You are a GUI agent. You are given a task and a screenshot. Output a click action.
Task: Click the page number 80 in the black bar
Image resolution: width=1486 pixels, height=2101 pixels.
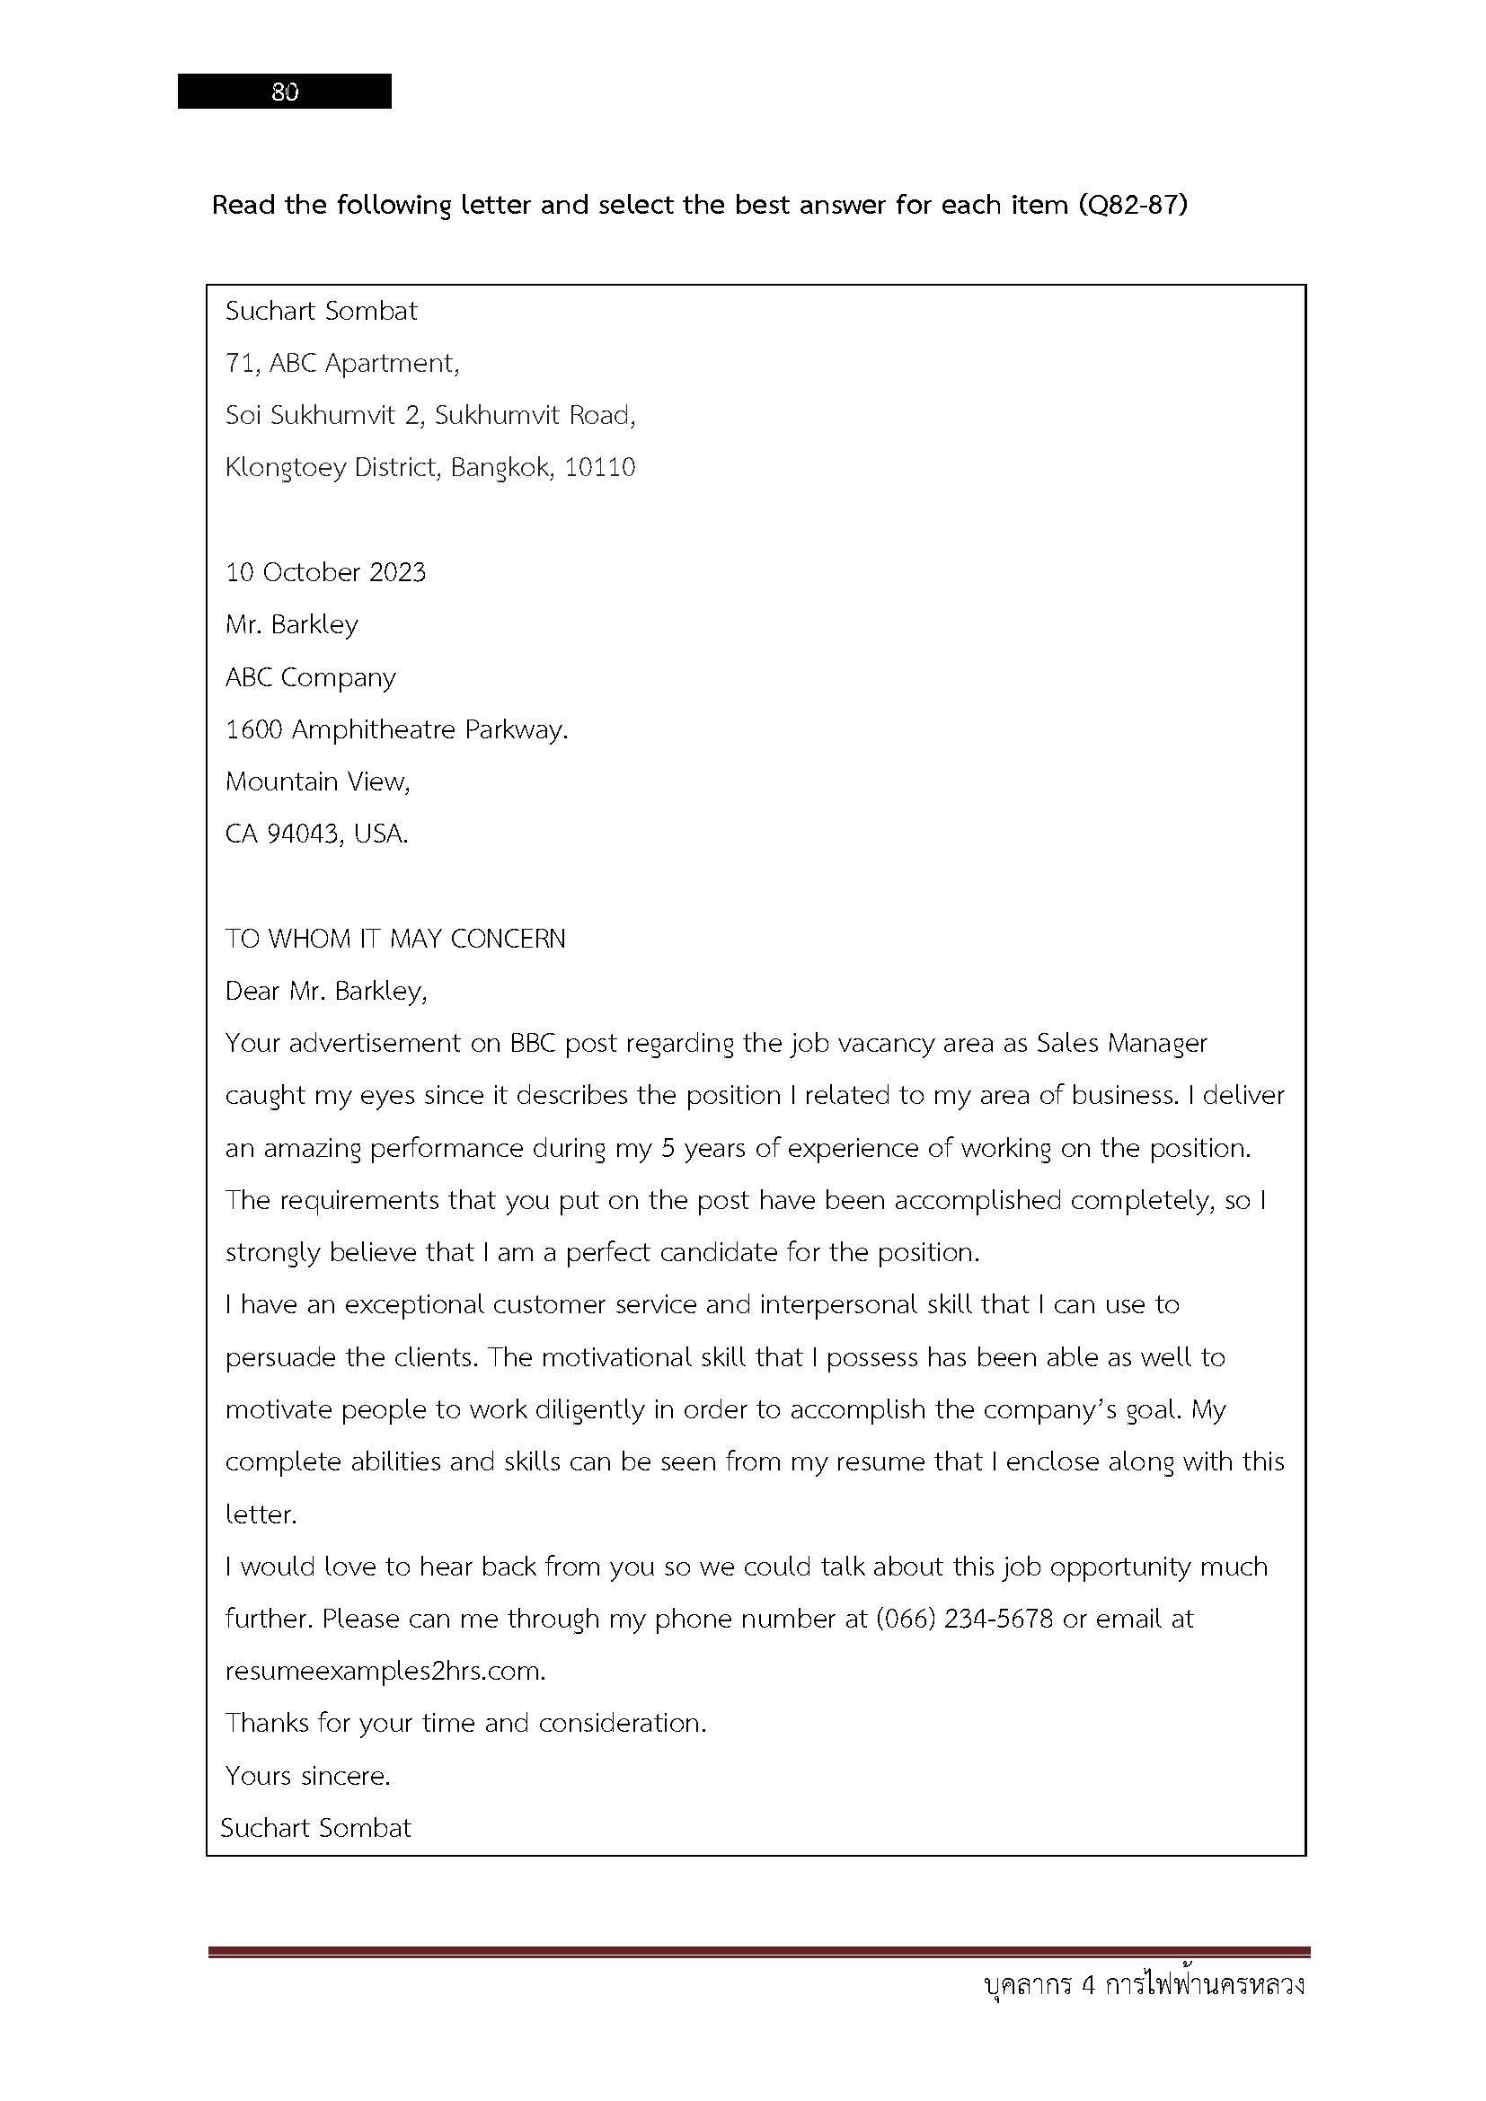pyautogui.click(x=285, y=92)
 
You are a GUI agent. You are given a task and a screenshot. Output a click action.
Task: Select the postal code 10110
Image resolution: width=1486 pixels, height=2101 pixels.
pyautogui.click(x=599, y=468)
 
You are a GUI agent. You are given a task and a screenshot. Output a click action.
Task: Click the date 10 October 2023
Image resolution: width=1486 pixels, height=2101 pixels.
pyautogui.click(x=326, y=573)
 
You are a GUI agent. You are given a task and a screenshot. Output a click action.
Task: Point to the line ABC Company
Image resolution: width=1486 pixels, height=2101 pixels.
pyautogui.click(x=310, y=678)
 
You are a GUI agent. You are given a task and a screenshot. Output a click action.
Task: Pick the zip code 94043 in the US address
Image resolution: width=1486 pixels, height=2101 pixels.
pyautogui.click(x=302, y=834)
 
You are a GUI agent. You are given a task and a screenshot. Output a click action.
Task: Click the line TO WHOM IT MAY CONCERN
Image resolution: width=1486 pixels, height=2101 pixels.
pyautogui.click(x=395, y=939)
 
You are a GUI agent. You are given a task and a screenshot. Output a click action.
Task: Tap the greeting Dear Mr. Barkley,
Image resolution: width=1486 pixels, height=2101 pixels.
pyautogui.click(x=326, y=991)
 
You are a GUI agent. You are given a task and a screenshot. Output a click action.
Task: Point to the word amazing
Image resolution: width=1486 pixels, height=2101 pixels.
pyautogui.click(x=312, y=1149)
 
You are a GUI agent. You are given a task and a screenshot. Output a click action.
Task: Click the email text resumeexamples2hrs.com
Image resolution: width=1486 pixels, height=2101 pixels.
pyautogui.click(x=385, y=1672)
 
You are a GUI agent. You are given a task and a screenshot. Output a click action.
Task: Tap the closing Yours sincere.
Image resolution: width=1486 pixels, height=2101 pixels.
pyautogui.click(x=307, y=1776)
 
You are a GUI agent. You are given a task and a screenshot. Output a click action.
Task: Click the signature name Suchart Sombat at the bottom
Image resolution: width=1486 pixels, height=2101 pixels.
pyautogui.click(x=315, y=1828)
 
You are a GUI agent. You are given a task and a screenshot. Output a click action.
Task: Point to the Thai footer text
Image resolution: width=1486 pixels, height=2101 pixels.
pyautogui.click(x=1144, y=1987)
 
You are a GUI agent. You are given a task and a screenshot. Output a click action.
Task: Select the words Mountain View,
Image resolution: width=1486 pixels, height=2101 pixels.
pyautogui.click(x=317, y=781)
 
